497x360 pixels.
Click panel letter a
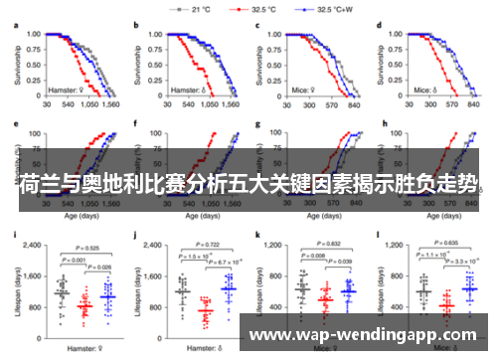[16, 22]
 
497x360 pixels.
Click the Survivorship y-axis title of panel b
[136, 62]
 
